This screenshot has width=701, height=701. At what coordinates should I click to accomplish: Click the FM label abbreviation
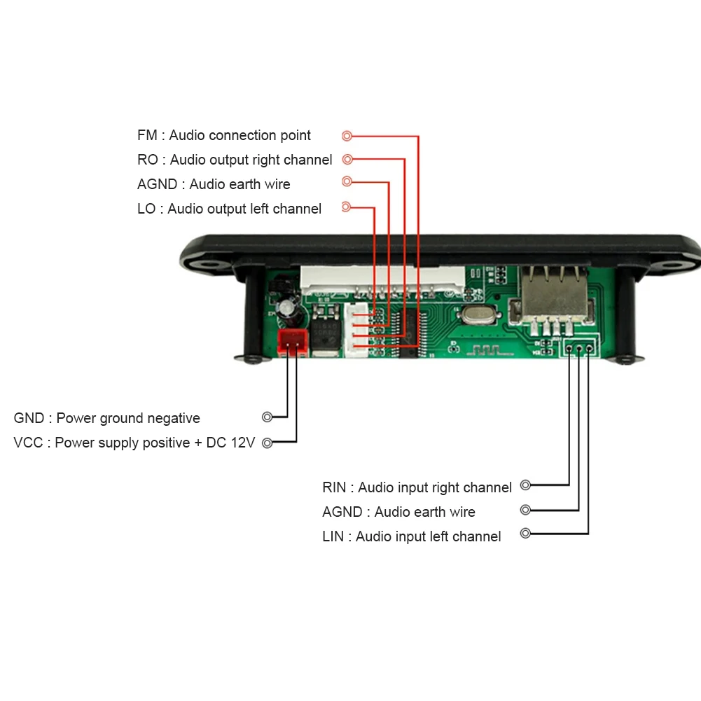tap(147, 135)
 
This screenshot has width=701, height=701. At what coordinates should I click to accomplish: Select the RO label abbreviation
tap(148, 160)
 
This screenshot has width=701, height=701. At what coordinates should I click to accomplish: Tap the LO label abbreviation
tap(146, 209)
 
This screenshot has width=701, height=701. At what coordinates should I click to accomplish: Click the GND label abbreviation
tap(29, 418)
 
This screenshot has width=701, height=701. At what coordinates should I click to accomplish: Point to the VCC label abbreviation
tap(28, 443)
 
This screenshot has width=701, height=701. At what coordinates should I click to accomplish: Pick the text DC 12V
tap(230, 443)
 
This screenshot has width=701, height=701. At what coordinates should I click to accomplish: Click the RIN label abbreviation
tap(334, 487)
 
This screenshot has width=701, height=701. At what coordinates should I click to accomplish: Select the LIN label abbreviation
tap(333, 536)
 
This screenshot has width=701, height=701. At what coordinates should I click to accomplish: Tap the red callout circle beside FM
tap(347, 135)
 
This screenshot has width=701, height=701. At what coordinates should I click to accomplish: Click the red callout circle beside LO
tap(346, 207)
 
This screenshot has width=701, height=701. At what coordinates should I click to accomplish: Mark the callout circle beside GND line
tap(267, 417)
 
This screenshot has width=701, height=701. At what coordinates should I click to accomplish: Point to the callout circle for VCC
tap(267, 443)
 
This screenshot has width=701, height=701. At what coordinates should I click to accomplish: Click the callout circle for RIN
tap(526, 485)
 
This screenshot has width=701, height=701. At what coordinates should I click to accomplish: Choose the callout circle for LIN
tap(526, 533)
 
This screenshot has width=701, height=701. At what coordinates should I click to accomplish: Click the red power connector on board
tap(293, 342)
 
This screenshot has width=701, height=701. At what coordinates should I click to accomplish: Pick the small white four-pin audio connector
tap(356, 330)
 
